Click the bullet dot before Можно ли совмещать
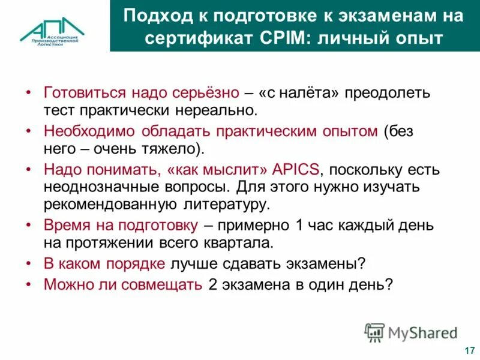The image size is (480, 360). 29,284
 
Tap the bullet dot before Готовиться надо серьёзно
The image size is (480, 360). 29,94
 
